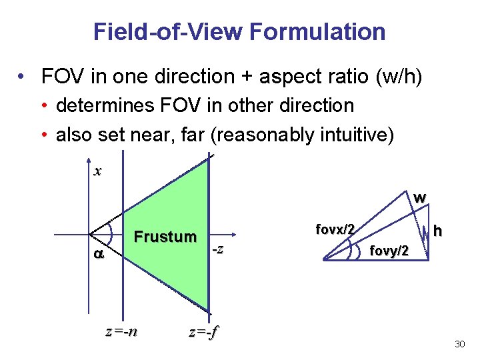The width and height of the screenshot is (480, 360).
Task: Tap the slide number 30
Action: [x=459, y=344]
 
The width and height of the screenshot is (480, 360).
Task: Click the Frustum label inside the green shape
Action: [x=165, y=237]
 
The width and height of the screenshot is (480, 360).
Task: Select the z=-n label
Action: [x=122, y=331]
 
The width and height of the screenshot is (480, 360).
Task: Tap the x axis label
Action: [x=98, y=171]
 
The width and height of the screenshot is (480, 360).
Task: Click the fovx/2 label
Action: [x=335, y=229]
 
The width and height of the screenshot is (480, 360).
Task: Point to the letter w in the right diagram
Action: [x=419, y=198]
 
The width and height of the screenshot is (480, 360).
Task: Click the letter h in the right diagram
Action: [x=437, y=231]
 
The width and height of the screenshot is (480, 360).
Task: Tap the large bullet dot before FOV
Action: [x=24, y=77]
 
